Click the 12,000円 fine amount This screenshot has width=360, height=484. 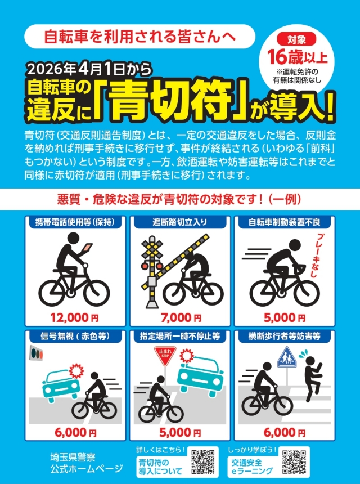tap(75, 317)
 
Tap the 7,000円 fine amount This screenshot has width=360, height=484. tap(181, 317)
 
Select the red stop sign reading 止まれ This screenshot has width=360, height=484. tap(165, 355)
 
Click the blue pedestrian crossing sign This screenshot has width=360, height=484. tap(287, 357)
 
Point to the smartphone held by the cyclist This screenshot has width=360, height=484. tap(87, 248)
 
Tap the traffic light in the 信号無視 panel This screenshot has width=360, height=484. tap(37, 353)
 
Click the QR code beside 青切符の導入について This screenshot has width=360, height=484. tap(203, 462)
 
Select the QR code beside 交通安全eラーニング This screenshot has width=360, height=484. tap(294, 462)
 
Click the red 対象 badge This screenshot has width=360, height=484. tap(296, 39)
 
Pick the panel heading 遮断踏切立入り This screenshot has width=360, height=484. tap(180, 222)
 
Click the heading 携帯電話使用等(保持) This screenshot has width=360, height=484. tap(75, 222)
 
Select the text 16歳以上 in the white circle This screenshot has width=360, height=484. tap(296, 56)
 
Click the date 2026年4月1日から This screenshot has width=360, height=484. tap(90, 70)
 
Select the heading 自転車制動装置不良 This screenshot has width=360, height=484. tap(284, 222)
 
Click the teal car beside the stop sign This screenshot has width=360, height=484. tap(201, 374)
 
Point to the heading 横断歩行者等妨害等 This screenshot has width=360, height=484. tap(284, 336)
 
